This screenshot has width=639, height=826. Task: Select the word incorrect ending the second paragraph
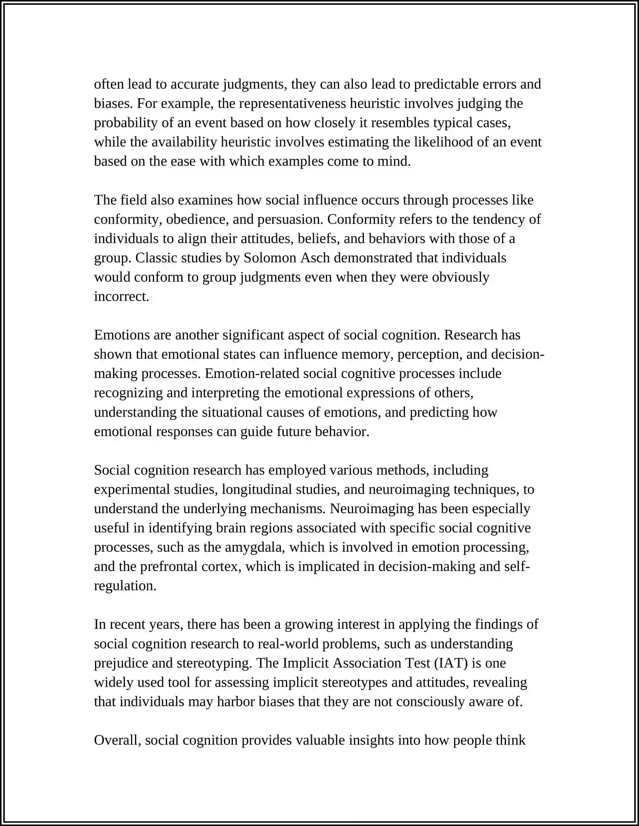[x=121, y=296]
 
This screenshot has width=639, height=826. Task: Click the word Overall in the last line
[x=117, y=740]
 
